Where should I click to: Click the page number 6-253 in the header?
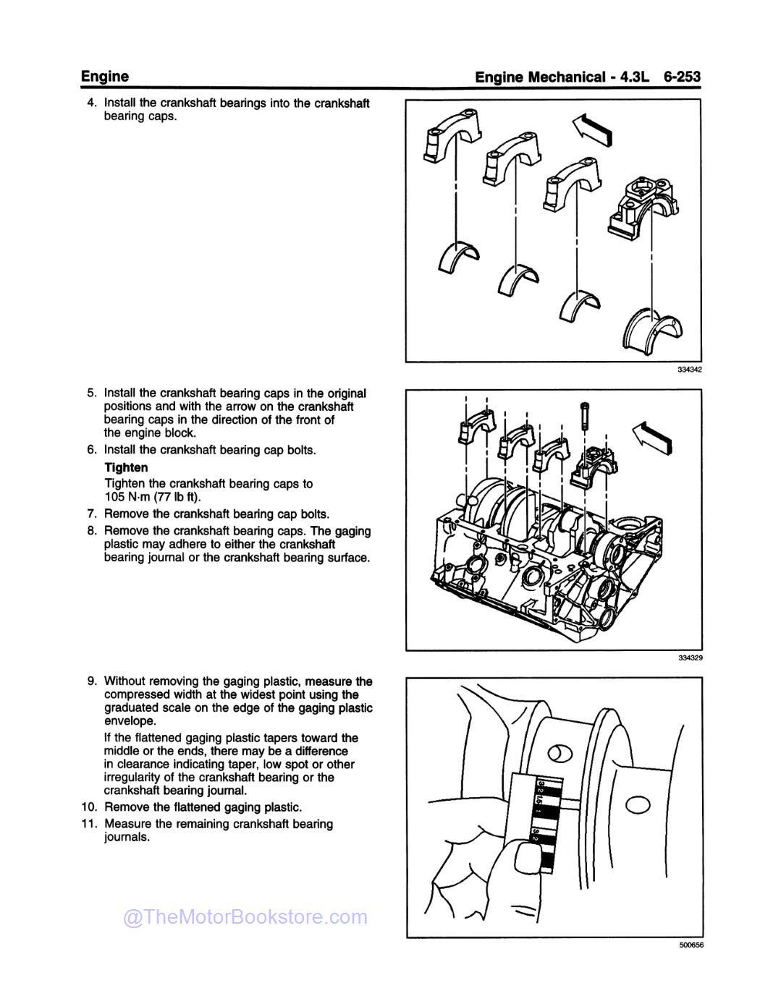pos(681,77)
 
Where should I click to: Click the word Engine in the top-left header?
pos(104,76)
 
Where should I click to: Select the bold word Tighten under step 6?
pos(126,467)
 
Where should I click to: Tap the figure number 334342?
pos(690,370)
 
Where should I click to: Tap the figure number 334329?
pos(690,658)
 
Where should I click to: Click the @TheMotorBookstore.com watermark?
pos(245,917)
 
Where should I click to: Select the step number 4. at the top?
pos(92,103)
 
